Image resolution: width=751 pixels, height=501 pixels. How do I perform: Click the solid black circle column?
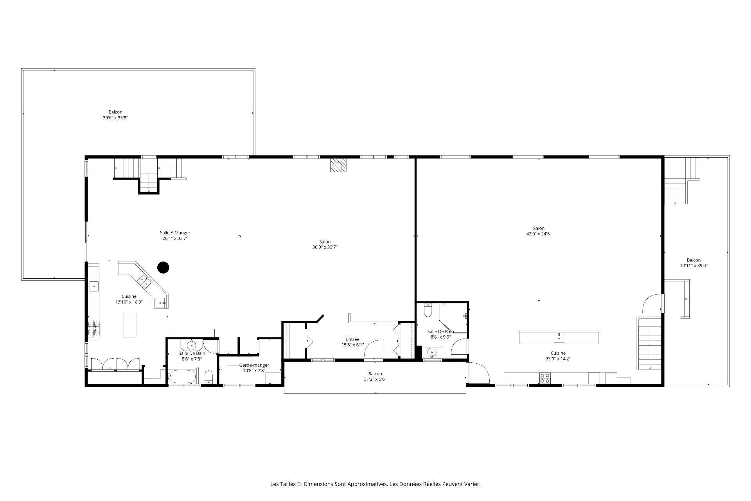[163, 267]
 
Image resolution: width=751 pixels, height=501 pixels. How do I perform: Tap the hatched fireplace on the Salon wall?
[338, 165]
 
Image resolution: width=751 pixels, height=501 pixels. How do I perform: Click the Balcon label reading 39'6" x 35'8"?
[115, 115]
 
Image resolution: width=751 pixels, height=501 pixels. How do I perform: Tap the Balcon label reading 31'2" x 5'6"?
[375, 377]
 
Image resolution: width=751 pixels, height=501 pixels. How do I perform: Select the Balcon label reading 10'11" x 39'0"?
[694, 263]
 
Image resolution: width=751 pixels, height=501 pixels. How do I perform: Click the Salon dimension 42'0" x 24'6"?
[539, 234]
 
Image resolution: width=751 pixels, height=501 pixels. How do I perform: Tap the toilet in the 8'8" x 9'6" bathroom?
[428, 310]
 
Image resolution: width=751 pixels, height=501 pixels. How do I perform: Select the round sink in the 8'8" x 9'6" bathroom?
[432, 353]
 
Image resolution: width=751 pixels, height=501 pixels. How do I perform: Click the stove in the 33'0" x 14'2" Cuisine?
[544, 378]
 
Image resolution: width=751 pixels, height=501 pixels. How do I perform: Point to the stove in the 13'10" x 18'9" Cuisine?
[93, 329]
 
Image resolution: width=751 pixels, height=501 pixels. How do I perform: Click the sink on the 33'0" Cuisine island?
[559, 337]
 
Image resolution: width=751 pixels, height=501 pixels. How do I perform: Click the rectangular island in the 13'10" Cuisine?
[130, 325]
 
